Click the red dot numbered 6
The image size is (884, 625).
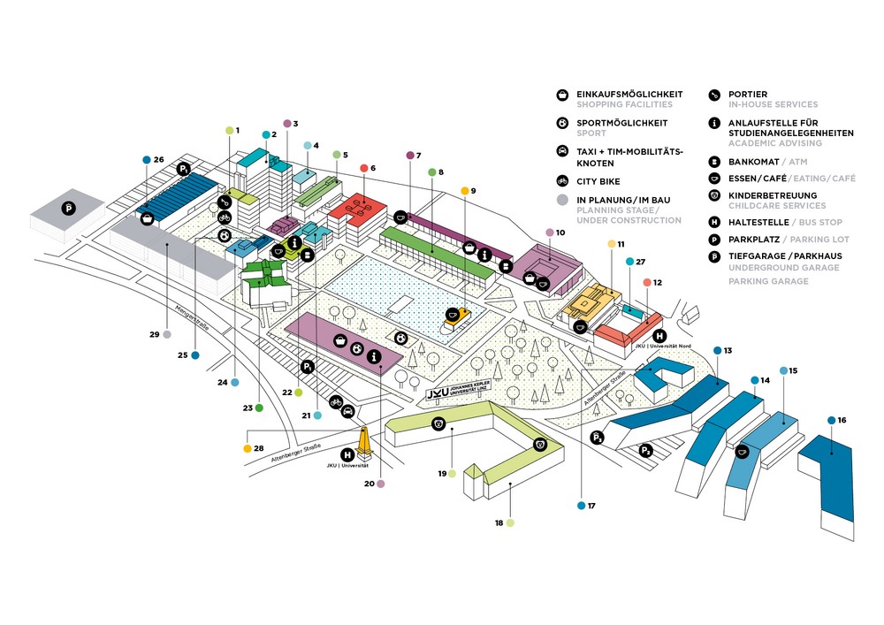pyautogui.click(x=364, y=168)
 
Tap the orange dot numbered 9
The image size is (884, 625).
pyautogui.click(x=464, y=191)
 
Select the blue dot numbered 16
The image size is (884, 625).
pyautogui.click(x=832, y=420)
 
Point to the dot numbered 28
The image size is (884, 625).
pyautogui.click(x=248, y=448)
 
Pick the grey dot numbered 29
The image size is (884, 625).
pyautogui.click(x=166, y=335)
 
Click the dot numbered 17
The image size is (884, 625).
pyautogui.click(x=581, y=506)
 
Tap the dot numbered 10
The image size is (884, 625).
pyautogui.click(x=549, y=232)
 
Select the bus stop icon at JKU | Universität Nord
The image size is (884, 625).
pyautogui.click(x=659, y=336)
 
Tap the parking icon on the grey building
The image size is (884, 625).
pyautogui.click(x=68, y=210)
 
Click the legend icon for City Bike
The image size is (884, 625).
pyautogui.click(x=562, y=181)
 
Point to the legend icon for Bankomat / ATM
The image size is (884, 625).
pyautogui.click(x=714, y=163)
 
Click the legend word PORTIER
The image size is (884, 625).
pyautogui.click(x=748, y=94)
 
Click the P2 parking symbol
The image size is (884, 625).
pyautogui.click(x=598, y=437)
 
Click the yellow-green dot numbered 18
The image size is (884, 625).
pyautogui.click(x=511, y=523)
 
